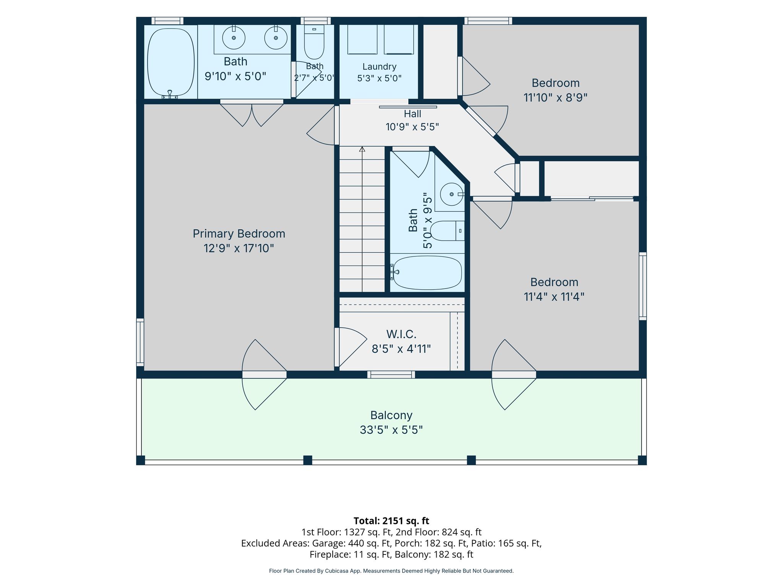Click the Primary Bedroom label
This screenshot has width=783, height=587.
239,234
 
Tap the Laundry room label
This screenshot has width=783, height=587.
379,67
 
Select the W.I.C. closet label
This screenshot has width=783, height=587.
401,334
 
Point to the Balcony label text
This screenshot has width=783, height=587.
391,415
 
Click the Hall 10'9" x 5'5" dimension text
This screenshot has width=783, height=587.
412,127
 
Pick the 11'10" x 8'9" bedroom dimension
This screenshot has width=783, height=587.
555,98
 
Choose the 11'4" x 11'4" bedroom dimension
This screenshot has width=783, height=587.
554,297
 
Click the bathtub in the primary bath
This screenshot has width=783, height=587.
171,62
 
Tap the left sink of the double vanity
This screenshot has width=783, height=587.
234,37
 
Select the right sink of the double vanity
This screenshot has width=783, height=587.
276,37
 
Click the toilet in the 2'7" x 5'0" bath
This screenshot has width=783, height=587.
314,42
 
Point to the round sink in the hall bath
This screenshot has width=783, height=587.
452,195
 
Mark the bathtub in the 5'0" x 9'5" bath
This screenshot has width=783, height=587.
427,272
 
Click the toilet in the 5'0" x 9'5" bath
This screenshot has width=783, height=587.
447,231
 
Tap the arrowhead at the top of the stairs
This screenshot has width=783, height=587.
362,149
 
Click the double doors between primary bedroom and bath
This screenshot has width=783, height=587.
252,114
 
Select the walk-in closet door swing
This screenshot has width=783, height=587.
351,347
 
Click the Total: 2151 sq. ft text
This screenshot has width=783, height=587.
391,521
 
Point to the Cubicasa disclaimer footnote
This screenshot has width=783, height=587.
391,571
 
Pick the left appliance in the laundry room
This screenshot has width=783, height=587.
362,39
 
